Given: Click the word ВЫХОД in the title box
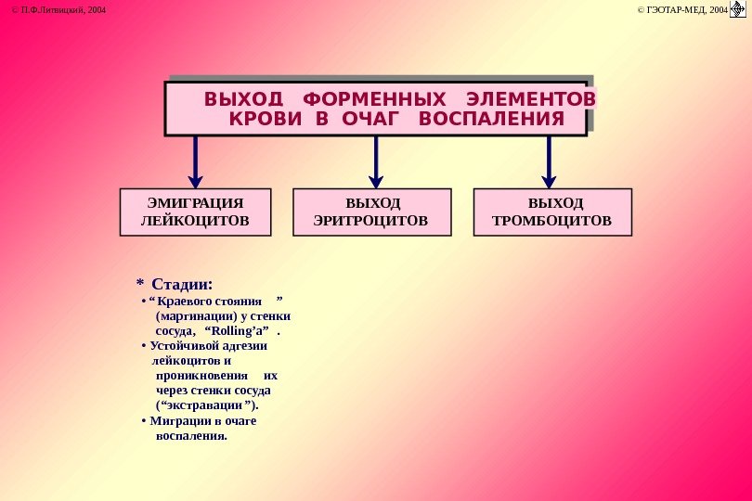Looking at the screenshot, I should [x=243, y=98].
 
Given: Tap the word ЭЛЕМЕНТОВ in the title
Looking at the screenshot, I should [x=531, y=98].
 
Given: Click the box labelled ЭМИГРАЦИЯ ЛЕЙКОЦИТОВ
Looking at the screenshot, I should [x=195, y=212].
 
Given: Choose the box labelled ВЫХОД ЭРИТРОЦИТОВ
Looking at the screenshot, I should [x=371, y=212].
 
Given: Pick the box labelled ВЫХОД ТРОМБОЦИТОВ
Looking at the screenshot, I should [x=552, y=212].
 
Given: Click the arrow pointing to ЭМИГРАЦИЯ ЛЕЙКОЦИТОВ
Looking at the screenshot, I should [x=195, y=161].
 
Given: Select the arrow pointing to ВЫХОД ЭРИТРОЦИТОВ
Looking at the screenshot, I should [x=376, y=161].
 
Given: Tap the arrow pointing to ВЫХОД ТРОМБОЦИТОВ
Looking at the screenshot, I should [x=550, y=161].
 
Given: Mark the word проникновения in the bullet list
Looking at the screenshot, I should [x=201, y=376].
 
